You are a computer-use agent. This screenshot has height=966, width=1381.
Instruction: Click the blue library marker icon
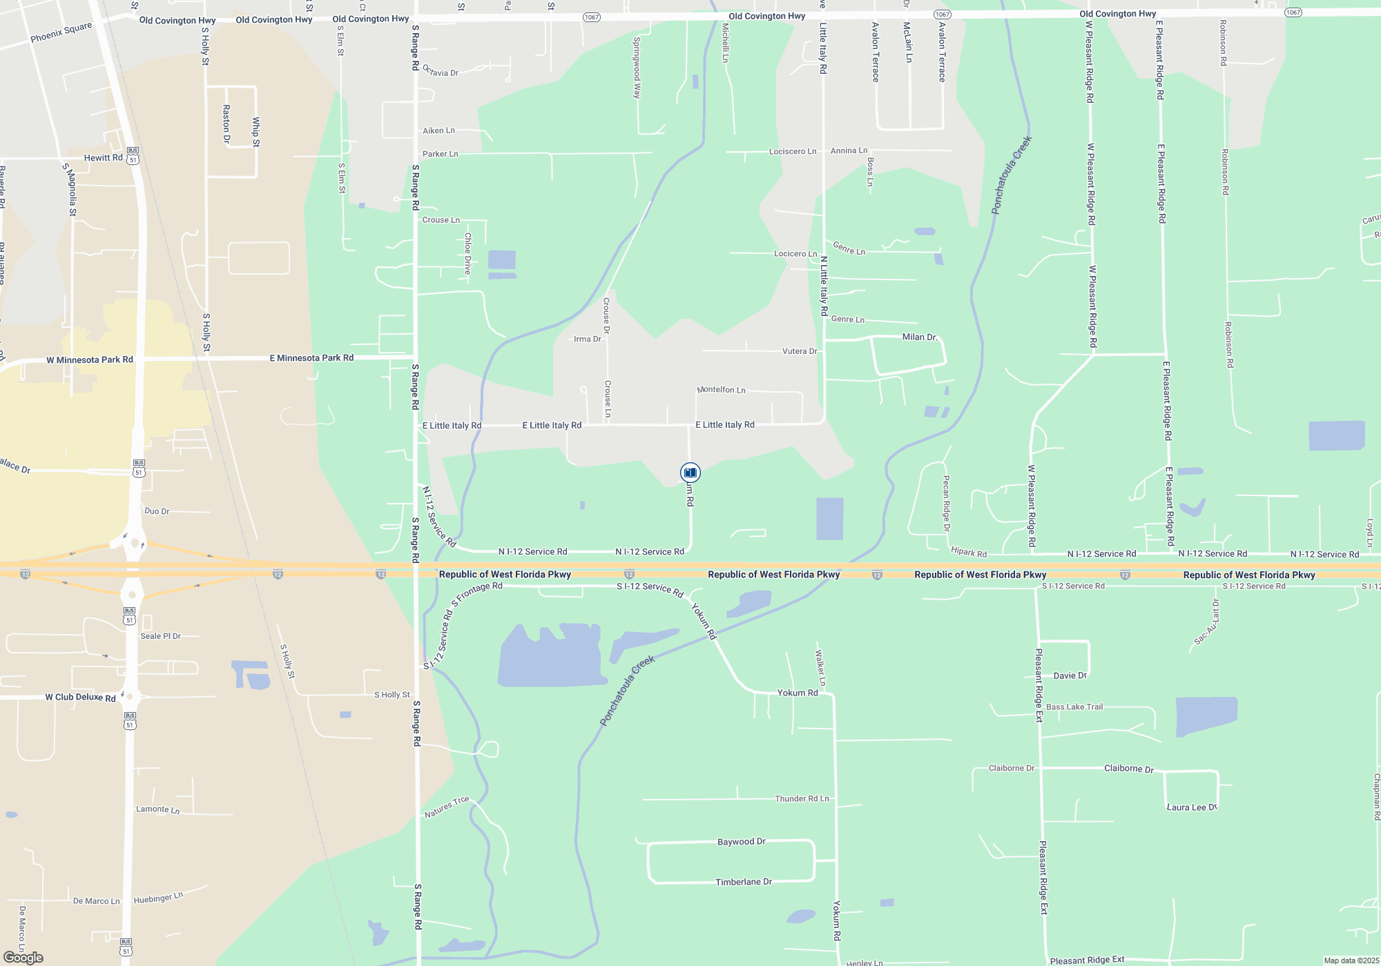(690, 473)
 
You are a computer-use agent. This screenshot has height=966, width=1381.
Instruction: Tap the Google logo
(23, 958)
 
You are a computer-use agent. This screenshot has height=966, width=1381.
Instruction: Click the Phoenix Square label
(61, 32)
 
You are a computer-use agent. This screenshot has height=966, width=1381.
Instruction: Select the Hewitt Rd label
(103, 158)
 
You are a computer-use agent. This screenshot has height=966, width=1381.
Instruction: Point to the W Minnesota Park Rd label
(90, 360)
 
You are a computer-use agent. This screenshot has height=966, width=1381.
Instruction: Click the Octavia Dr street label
(441, 71)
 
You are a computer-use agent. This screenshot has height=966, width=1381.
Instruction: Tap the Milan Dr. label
(920, 337)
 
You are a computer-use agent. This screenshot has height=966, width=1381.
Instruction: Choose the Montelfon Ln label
(722, 390)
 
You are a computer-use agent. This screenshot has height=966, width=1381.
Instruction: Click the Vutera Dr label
(800, 351)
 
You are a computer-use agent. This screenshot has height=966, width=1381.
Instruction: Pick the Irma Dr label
(588, 339)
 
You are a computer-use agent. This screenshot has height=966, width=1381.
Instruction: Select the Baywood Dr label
(742, 842)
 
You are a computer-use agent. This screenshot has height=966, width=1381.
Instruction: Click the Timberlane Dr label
(744, 882)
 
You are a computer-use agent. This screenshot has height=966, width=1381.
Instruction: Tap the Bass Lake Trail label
(1074, 707)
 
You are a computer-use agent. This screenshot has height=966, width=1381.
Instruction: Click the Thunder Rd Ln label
(802, 798)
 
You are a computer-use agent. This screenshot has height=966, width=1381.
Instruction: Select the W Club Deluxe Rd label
(80, 698)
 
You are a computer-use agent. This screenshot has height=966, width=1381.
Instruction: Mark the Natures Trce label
(447, 807)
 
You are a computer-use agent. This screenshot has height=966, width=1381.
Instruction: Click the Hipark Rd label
(969, 552)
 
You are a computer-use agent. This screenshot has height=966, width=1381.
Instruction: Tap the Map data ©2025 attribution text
(1351, 960)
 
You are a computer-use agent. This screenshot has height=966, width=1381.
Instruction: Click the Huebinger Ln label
(158, 898)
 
